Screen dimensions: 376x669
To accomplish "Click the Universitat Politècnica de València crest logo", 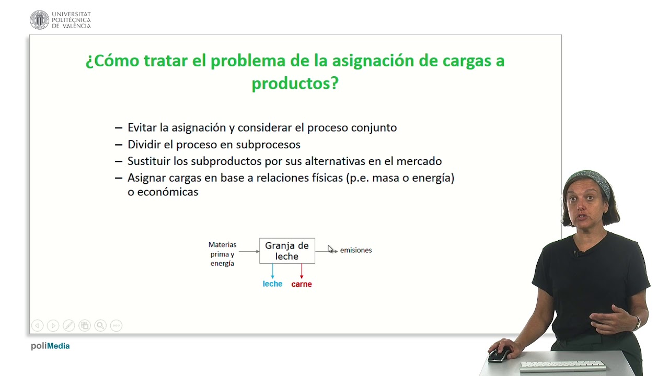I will (39, 20).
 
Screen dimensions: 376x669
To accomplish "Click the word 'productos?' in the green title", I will (295, 83).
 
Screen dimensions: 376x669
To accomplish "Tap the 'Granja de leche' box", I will (287, 251).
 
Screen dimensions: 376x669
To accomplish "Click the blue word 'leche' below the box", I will (272, 284).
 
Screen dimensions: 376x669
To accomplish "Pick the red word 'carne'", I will (302, 284).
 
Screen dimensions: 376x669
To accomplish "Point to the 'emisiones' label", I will (356, 250).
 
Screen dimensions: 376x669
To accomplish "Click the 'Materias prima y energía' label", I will (222, 254).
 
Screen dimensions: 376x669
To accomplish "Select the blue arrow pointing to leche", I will (272, 271).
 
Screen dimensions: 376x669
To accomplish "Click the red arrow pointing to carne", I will (302, 271).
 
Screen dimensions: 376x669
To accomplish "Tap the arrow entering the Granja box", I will (249, 251).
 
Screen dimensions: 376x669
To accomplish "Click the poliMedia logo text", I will (50, 346).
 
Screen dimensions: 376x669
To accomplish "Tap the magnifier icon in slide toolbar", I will (100, 325).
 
